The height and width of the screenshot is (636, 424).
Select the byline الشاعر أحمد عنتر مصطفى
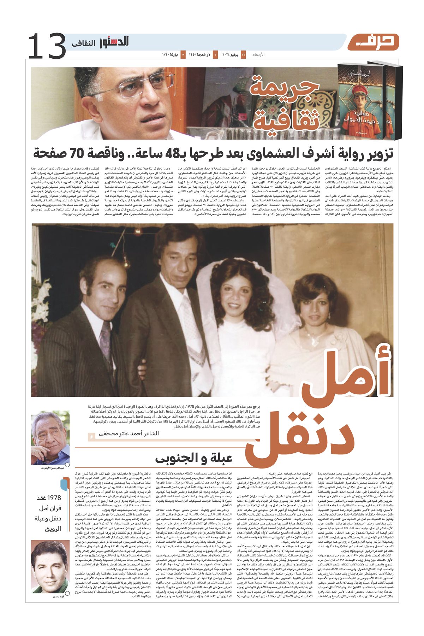pyautogui.click(x=129, y=433)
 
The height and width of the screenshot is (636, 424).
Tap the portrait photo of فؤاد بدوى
pyautogui.click(x=50, y=562)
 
